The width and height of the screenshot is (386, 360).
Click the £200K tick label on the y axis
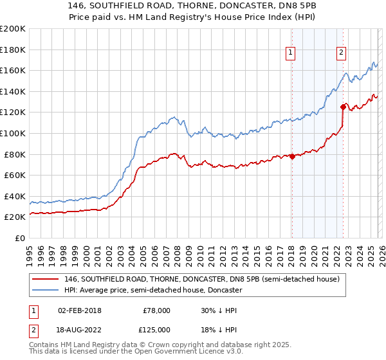point(13,29)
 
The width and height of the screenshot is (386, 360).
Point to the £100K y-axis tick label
point(13,133)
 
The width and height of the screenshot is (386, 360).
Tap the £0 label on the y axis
point(20,238)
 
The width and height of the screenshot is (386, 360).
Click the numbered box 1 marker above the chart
point(291,53)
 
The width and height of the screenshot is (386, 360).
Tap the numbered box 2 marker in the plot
point(341,53)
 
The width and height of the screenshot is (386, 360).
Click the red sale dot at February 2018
point(291,156)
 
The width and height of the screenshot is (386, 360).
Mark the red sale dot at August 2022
point(343,107)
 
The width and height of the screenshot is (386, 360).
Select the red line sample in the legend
point(46,279)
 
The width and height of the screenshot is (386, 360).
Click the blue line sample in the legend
point(46,290)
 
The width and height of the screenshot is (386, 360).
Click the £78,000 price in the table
point(156,310)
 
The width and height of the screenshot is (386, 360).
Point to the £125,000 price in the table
point(154,329)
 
